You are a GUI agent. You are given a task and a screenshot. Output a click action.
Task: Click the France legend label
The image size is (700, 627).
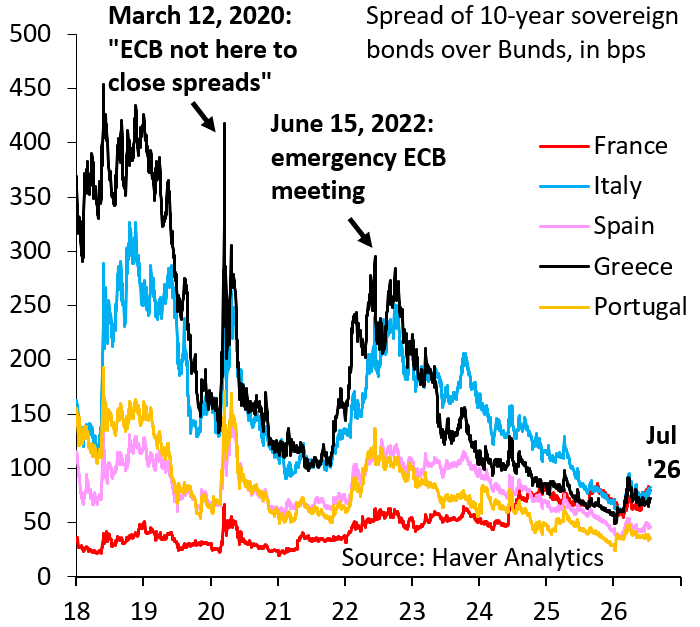pyautogui.click(x=630, y=146)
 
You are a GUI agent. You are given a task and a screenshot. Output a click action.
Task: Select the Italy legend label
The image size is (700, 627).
pyautogui.click(x=618, y=186)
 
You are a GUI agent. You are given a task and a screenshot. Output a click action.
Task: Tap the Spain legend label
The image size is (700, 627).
pyautogui.click(x=624, y=226)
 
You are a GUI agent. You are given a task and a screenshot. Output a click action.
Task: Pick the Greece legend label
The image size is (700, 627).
pyautogui.click(x=633, y=267)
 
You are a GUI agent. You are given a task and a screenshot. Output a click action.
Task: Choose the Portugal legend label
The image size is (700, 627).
pyautogui.click(x=640, y=307)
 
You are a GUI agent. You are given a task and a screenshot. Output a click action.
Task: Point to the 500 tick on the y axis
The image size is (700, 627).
pyautogui.click(x=30, y=34)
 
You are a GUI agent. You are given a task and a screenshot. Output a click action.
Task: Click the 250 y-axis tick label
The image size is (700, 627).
pyautogui.click(x=30, y=305)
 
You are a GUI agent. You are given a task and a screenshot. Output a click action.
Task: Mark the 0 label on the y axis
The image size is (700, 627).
pyautogui.click(x=44, y=577)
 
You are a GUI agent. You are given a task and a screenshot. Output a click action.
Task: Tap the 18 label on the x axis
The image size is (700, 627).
pyautogui.click(x=76, y=611)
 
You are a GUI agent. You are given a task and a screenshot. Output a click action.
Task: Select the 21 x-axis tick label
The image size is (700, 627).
pyautogui.click(x=278, y=611)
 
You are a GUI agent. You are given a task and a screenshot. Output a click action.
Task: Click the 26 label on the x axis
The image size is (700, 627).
pyautogui.click(x=613, y=611)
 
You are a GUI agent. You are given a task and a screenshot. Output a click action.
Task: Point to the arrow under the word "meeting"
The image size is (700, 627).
pyautogui.click(x=360, y=232)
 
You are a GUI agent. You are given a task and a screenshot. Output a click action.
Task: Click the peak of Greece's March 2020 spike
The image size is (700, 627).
pyautogui.click(x=224, y=123)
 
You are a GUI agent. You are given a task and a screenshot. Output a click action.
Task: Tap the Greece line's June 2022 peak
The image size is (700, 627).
pyautogui.click(x=375, y=256)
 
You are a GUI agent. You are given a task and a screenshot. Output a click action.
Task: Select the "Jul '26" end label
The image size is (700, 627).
pyautogui.click(x=663, y=452)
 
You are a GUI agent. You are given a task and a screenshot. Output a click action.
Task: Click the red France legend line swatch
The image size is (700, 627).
pyautogui.click(x=564, y=146)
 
